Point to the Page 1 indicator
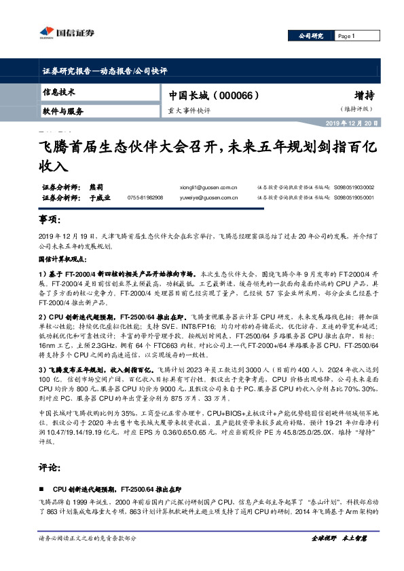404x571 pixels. (x=346, y=36)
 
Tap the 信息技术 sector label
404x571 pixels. (x=58, y=92)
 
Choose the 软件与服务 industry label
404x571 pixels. (x=62, y=111)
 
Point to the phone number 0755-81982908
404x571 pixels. (x=145, y=198)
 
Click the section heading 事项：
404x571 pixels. (x=50, y=220)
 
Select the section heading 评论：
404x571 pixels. (x=50, y=468)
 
